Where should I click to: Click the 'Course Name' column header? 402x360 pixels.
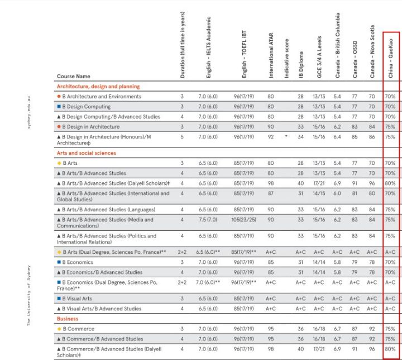click(73, 76)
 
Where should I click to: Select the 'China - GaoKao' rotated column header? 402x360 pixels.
click(390, 58)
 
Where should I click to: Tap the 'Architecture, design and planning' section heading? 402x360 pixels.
click(98, 87)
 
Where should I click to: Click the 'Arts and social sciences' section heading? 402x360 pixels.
click(87, 153)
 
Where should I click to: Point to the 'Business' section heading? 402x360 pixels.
click(68, 319)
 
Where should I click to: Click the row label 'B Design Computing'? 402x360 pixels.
click(87, 107)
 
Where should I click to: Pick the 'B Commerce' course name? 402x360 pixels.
click(79, 329)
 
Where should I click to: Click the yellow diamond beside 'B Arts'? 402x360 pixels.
click(59, 163)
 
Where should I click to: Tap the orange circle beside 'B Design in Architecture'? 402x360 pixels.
click(59, 126)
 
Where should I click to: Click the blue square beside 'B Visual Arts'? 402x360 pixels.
click(59, 299)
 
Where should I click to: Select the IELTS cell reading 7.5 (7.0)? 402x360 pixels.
click(208, 220)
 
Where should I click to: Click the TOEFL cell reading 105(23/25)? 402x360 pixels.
click(243, 220)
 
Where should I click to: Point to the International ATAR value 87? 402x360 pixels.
click(271, 193)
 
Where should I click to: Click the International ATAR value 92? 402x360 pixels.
click(271, 137)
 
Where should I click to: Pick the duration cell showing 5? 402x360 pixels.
click(182, 137)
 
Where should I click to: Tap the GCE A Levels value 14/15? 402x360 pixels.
click(319, 193)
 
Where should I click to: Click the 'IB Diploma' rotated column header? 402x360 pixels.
click(301, 65)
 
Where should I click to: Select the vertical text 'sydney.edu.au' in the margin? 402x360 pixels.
click(28, 112)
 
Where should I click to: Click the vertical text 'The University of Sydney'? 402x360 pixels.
click(28, 296)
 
